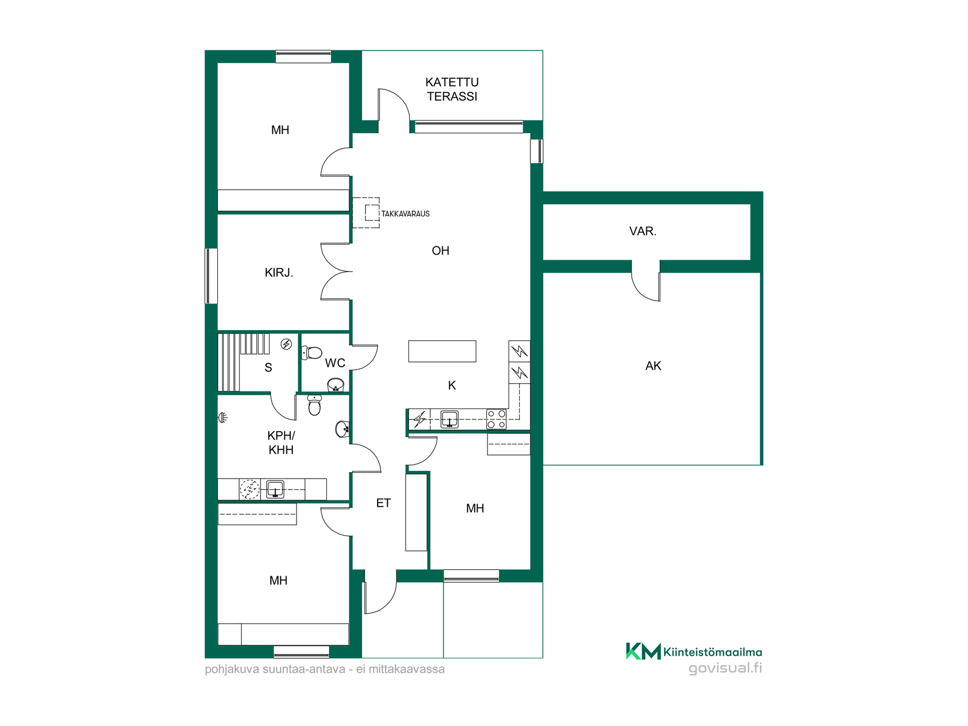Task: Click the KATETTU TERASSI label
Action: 452,89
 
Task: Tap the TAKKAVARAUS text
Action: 405,214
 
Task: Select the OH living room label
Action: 440,251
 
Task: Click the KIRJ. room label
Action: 279,273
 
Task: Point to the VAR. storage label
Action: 643,231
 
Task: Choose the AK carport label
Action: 653,366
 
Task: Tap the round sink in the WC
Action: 336,385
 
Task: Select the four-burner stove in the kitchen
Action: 496,419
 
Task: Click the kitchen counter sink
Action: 449,419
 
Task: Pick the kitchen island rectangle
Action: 442,351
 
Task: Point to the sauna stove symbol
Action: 286,344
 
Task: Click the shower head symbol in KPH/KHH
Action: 223,417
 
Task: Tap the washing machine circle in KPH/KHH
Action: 250,489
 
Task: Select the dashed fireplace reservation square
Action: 372,213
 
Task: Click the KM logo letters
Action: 643,651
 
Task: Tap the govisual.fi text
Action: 725,668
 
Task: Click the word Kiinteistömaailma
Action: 712,652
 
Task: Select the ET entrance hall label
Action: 383,503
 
